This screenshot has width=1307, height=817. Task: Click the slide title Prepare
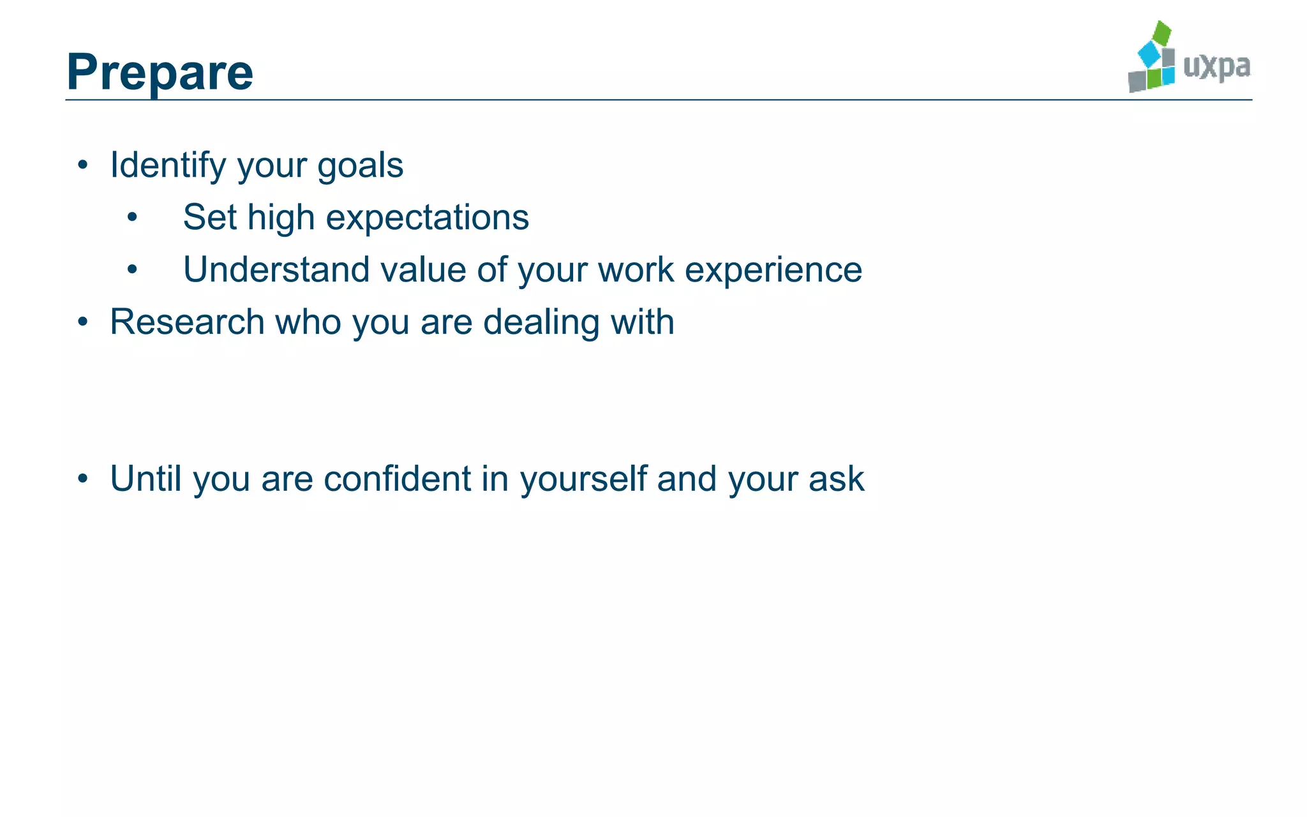pos(160,73)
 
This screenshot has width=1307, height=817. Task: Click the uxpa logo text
pos(1216,67)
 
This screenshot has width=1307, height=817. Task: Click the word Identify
pos(168,166)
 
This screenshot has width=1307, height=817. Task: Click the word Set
pos(209,217)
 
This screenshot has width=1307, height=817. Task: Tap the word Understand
pos(276,269)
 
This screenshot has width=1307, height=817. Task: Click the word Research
pos(187,322)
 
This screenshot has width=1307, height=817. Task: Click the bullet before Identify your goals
pos(83,166)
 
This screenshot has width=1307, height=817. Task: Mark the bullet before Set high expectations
pos(132,218)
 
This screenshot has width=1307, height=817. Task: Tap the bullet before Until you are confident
pos(83,479)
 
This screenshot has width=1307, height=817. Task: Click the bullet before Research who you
pos(83,322)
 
